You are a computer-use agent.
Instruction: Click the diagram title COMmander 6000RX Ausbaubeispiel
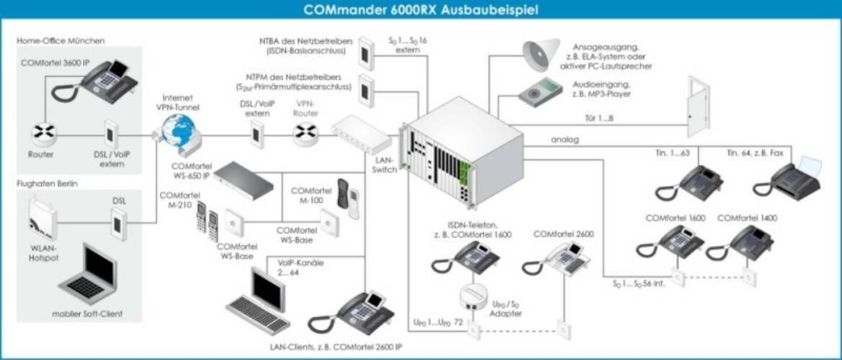tap(421, 10)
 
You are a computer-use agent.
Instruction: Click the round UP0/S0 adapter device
tap(474, 295)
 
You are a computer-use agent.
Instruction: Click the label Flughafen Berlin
tap(48, 184)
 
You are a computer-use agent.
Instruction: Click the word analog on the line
tap(565, 139)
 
